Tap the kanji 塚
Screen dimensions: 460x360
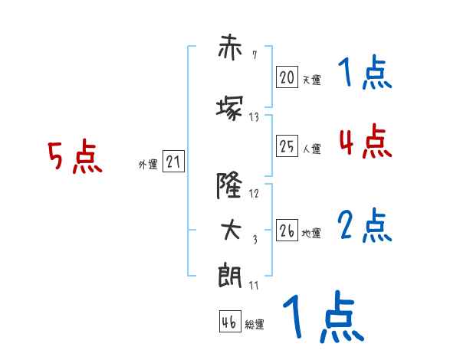pos(230,107)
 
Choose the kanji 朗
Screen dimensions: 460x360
pos(230,274)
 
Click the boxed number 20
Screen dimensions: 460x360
pos(287,77)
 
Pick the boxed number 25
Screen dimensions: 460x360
pos(287,146)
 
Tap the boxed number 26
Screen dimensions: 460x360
pos(287,231)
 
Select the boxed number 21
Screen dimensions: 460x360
pos(173,162)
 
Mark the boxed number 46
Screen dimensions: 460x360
pos(229,322)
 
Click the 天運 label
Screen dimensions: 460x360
pos(311,80)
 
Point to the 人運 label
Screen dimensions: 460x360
pos(311,149)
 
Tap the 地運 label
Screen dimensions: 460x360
pos(311,233)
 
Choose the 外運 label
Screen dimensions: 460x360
pos(147,164)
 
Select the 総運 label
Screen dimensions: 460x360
pos(255,325)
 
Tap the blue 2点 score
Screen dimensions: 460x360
pos(365,225)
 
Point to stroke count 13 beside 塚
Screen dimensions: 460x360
pos(255,117)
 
